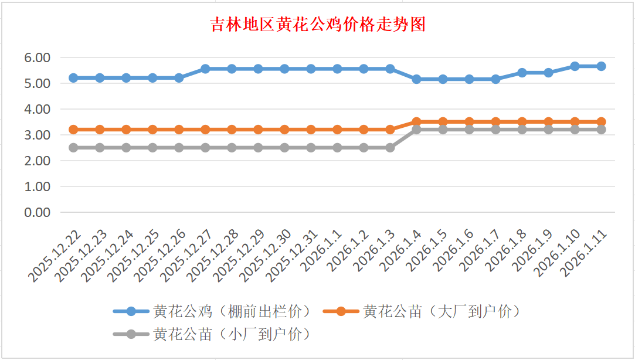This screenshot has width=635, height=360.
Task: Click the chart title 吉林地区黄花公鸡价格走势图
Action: click(x=318, y=25)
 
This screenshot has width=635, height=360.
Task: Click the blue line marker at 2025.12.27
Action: click(x=205, y=69)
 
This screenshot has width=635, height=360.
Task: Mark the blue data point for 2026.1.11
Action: click(x=601, y=66)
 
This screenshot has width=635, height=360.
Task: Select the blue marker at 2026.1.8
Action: click(x=522, y=73)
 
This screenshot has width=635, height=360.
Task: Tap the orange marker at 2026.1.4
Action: click(x=416, y=122)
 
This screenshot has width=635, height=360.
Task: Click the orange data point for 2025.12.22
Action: click(x=73, y=130)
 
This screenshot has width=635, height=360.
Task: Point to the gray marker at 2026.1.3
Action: click(x=390, y=148)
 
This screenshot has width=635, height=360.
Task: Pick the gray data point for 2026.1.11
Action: click(x=601, y=130)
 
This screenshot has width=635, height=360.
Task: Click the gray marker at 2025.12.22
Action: click(x=73, y=148)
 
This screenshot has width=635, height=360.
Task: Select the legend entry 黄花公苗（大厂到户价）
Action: click(x=442, y=311)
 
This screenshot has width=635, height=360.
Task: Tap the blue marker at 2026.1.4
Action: click(x=416, y=79)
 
